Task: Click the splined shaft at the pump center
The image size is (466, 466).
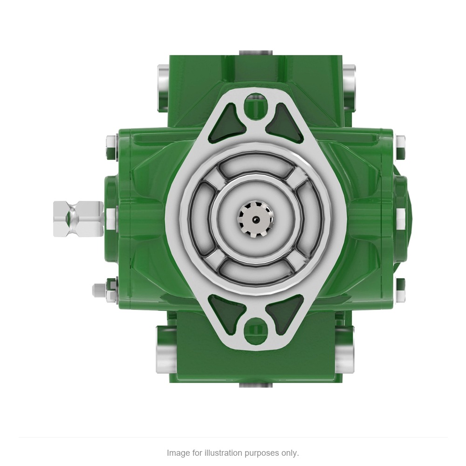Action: (255, 219)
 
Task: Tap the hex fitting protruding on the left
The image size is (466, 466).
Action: (78, 219)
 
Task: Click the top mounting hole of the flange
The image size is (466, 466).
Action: (256, 106)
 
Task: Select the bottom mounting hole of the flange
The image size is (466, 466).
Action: (256, 330)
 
